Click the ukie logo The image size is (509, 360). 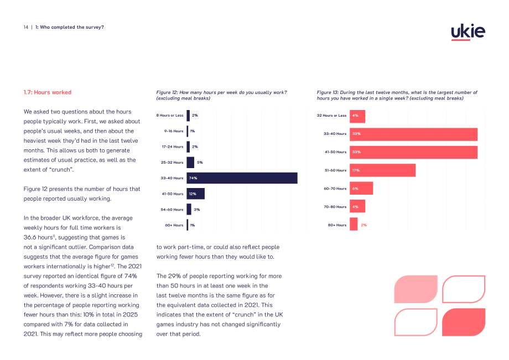468,32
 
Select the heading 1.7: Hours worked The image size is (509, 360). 48,92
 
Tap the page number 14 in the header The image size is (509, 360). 26,27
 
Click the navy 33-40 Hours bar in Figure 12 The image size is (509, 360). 242,178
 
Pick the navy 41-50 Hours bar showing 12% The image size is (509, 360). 195,194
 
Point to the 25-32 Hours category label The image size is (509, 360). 172,163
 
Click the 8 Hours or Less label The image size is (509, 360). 170,116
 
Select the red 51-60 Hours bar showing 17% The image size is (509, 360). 382,170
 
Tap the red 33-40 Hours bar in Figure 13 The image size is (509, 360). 414,134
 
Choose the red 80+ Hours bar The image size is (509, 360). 354,224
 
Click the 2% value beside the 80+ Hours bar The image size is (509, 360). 364,225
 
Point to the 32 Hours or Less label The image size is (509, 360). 331,116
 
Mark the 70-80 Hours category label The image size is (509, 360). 335,207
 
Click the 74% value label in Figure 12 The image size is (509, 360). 193,178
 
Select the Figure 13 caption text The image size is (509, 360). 397,95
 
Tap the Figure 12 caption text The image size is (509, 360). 221,95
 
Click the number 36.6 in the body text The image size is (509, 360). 30,237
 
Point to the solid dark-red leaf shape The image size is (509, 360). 464,322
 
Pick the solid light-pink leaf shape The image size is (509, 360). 416,289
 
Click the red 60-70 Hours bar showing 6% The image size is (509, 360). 361,189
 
